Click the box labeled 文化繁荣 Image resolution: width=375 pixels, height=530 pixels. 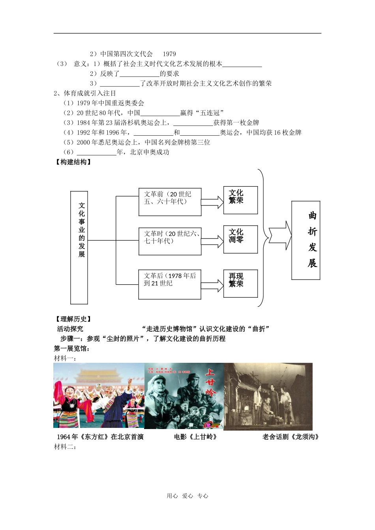click(240, 200)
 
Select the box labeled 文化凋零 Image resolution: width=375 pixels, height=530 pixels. click(240, 239)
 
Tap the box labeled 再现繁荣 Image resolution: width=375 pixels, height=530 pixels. click(240, 284)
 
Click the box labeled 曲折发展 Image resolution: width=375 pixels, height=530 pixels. click(306, 240)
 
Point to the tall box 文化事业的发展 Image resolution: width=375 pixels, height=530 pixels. click(79, 248)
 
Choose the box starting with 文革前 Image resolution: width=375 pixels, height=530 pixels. click(170, 202)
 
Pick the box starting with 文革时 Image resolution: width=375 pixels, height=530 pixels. click(170, 241)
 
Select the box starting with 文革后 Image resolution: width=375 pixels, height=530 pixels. click(170, 284)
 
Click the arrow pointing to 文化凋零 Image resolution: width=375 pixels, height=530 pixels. click(212, 241)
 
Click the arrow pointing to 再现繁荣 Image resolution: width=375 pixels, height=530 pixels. click(212, 285)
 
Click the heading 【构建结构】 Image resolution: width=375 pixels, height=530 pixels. click(73, 162)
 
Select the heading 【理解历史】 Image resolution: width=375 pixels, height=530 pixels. click(73, 319)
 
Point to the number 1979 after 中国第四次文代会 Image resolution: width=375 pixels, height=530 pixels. click(169, 54)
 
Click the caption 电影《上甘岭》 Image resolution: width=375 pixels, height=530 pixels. click(195, 437)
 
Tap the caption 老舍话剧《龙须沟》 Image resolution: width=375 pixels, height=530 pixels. click(291, 437)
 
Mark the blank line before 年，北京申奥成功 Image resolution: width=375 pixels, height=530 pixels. click(96, 153)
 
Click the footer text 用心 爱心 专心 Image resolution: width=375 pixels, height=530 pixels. click(187, 496)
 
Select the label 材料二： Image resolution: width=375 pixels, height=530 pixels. click(65, 447)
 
